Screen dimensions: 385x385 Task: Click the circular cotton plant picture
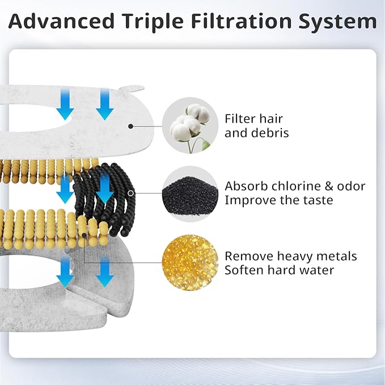click(x=190, y=125)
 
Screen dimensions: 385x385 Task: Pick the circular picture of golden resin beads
click(x=190, y=261)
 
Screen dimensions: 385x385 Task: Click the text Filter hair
click(x=253, y=119)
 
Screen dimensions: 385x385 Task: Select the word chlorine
click(x=286, y=187)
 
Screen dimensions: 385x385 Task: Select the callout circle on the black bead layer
click(x=131, y=193)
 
